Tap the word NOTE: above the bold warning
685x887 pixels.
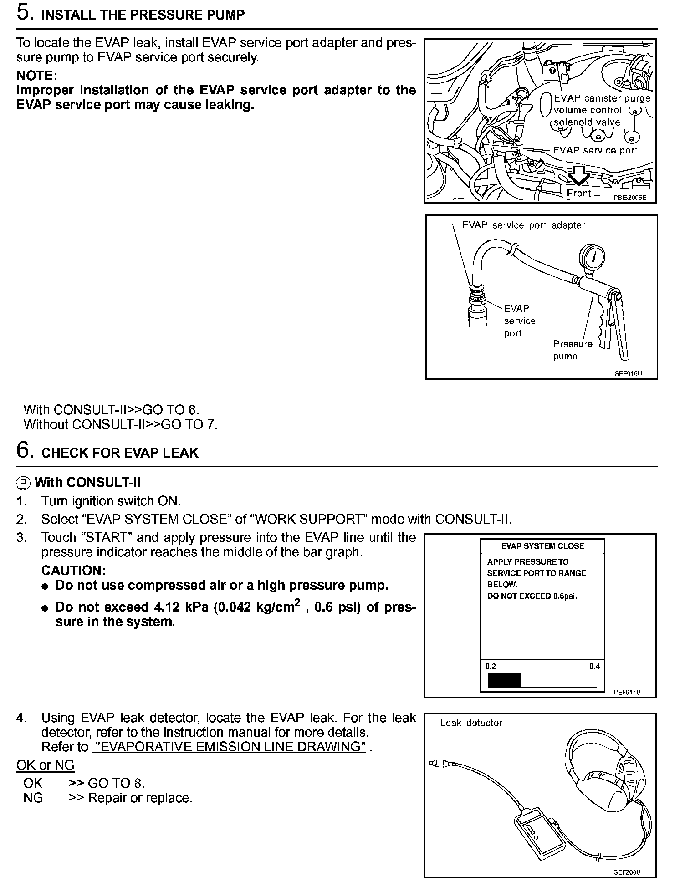click(x=37, y=75)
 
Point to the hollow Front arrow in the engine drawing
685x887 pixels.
click(x=579, y=175)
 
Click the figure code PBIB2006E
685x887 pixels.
click(x=629, y=198)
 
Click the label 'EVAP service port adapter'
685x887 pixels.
click(x=523, y=225)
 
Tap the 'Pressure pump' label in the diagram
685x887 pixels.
click(x=572, y=350)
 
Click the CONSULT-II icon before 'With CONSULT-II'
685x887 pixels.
click(x=24, y=483)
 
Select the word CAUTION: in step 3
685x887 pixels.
click(x=73, y=571)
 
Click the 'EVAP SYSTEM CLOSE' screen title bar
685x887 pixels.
click(x=542, y=546)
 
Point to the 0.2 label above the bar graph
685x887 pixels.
click(x=491, y=666)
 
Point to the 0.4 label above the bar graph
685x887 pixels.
click(x=594, y=666)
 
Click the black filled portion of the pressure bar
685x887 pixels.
click(x=504, y=680)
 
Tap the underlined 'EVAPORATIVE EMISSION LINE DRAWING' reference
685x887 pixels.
click(x=229, y=747)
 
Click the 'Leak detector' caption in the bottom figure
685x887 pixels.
click(x=471, y=723)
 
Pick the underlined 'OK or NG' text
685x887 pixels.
click(x=45, y=765)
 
